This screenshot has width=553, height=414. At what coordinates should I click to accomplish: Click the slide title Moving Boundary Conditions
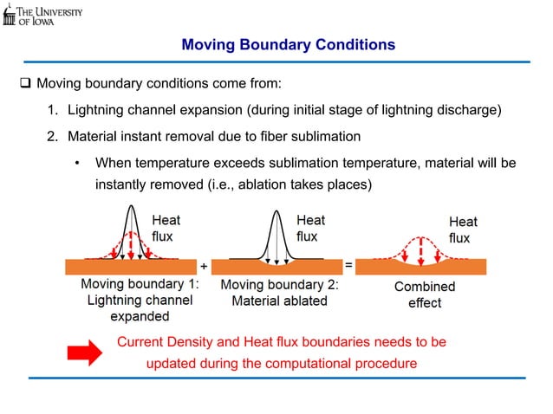[x=288, y=44]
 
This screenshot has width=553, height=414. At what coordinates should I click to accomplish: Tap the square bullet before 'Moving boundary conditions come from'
[x=25, y=85]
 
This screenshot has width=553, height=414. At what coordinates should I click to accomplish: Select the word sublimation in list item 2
[x=317, y=136]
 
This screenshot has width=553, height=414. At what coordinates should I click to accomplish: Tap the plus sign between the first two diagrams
[x=204, y=264]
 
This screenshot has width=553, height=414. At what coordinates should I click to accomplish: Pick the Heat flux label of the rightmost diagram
[x=462, y=230]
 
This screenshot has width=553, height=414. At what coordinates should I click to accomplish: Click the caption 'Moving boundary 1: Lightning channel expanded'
[x=139, y=301]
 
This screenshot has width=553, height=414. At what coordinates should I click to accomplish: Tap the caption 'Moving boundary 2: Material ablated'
[x=279, y=293]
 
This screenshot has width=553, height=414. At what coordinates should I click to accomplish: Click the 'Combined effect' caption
[x=424, y=294]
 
